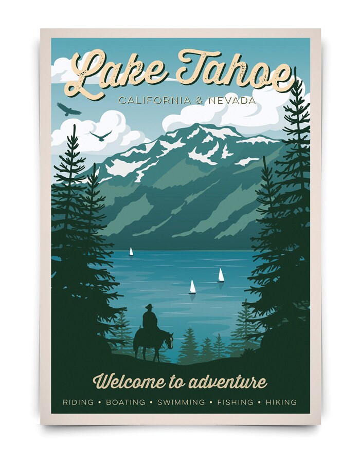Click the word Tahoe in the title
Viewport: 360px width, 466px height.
tap(234, 69)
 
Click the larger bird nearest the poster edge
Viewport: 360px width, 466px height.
tap(68, 109)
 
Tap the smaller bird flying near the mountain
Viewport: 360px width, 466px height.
tap(101, 136)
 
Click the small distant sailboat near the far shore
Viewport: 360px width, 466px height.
tap(131, 251)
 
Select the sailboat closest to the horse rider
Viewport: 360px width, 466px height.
tap(192, 287)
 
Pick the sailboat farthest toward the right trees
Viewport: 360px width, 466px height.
tap(221, 275)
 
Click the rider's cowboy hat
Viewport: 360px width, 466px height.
tap(149, 307)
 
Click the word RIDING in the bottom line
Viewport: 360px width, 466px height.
tap(78, 402)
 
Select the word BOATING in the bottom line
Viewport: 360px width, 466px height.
tap(125, 402)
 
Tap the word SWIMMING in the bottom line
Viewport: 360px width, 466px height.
tap(181, 402)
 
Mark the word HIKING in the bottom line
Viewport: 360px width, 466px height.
tap(281, 402)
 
